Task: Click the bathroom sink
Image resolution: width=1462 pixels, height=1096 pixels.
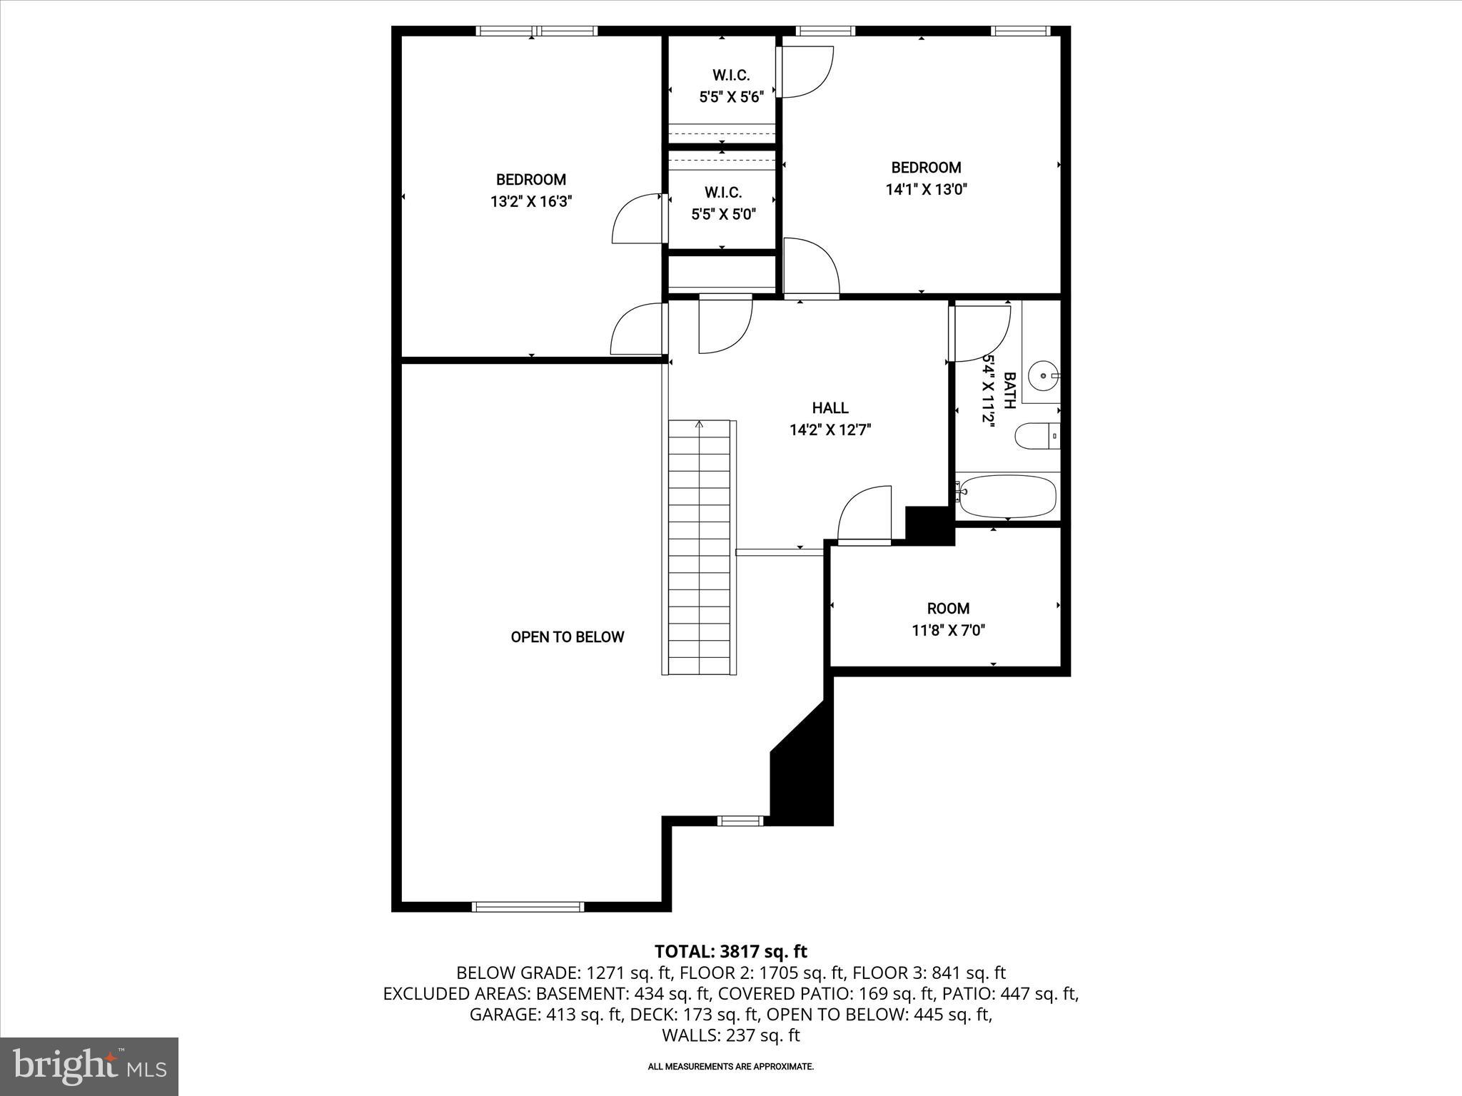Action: pyautogui.click(x=1044, y=374)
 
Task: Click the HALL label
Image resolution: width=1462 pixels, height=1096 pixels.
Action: pyautogui.click(x=830, y=408)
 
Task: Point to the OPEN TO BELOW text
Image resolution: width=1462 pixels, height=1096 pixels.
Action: pyautogui.click(x=568, y=637)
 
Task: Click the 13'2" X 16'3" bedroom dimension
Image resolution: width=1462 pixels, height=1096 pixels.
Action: pyautogui.click(x=531, y=202)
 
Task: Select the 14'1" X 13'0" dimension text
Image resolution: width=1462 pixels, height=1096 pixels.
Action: pyautogui.click(x=927, y=190)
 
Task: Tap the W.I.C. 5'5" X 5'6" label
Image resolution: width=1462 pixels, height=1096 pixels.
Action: pyautogui.click(x=731, y=86)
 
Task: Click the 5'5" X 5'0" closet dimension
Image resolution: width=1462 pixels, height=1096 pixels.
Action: pyautogui.click(x=723, y=214)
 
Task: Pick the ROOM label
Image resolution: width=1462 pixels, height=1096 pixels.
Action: pyautogui.click(x=948, y=609)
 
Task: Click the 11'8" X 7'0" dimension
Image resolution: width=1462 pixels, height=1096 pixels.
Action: pyautogui.click(x=948, y=631)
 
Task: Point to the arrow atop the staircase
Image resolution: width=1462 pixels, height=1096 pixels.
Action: pyautogui.click(x=700, y=425)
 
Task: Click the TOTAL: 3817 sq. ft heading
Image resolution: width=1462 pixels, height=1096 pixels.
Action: pyautogui.click(x=730, y=951)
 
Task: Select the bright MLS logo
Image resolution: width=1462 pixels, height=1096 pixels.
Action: pyautogui.click(x=89, y=1067)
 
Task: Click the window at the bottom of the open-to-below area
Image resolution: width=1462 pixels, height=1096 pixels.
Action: pyautogui.click(x=528, y=907)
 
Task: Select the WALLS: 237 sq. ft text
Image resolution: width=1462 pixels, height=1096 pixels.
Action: pyautogui.click(x=730, y=1035)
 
